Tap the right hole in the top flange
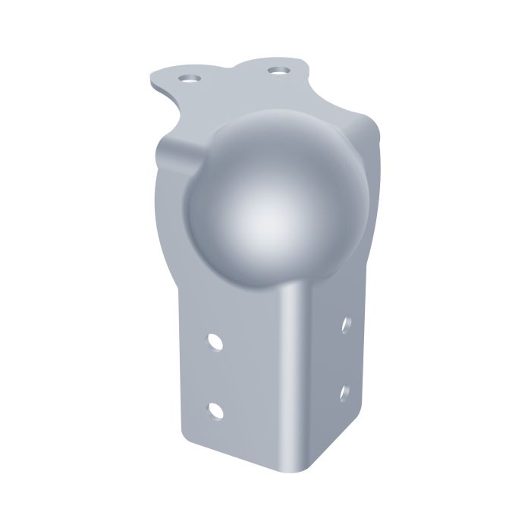pos(279,71)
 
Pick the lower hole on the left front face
pos(216,410)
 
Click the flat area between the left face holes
pos(216,376)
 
